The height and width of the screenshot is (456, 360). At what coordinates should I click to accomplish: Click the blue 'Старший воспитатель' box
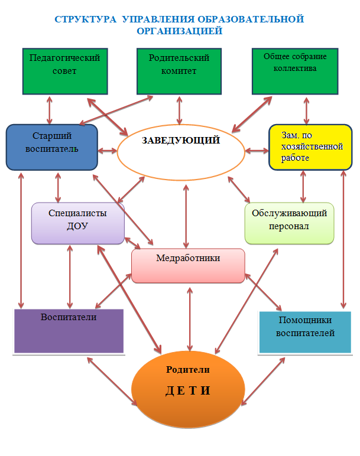pyautogui.click(x=51, y=146)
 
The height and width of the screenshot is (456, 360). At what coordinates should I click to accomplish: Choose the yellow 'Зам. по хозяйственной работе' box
pyautogui.click(x=305, y=146)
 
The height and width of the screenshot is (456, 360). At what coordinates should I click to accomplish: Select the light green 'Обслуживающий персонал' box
pyautogui.click(x=289, y=223)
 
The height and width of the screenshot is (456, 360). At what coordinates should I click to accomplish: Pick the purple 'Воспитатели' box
pyautogui.click(x=69, y=331)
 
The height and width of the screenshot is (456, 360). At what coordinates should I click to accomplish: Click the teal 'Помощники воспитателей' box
pyautogui.click(x=304, y=331)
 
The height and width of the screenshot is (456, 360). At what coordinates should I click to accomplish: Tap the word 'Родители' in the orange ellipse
pyautogui.click(x=188, y=370)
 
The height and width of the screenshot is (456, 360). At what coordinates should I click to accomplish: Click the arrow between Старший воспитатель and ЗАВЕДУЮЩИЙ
pyautogui.click(x=107, y=151)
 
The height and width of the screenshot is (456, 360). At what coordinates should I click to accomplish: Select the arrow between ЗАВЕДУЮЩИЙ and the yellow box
pyautogui.click(x=257, y=151)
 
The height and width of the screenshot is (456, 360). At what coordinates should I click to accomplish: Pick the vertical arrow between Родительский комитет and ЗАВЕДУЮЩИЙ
pyautogui.click(x=178, y=110)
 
